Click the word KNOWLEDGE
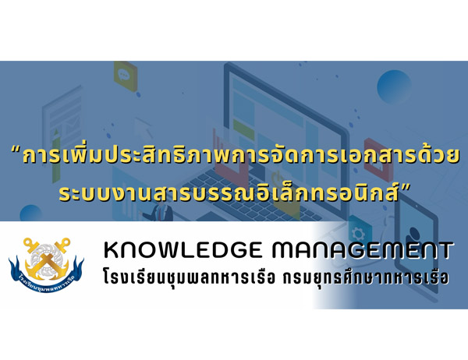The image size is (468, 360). point(183,250)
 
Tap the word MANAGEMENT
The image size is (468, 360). point(362,250)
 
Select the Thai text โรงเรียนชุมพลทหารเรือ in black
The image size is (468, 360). point(189,277)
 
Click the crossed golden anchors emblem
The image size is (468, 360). point(47,259)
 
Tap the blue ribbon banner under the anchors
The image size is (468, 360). point(46,278)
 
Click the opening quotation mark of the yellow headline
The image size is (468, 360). point(16,149)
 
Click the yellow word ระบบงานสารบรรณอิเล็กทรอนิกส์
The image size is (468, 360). point(229,193)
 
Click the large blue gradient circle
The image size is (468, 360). point(394,86)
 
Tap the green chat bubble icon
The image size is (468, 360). point(126,75)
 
